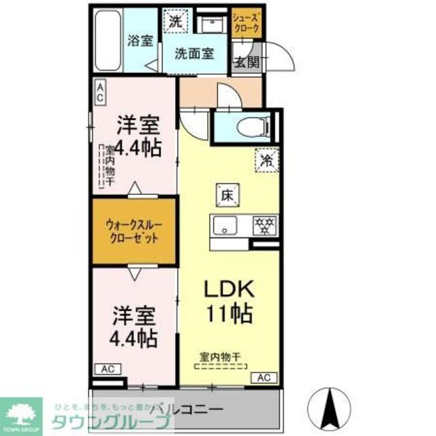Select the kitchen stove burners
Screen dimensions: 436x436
point(263,224)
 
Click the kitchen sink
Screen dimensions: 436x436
point(223,225)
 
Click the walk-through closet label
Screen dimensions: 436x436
point(134,231)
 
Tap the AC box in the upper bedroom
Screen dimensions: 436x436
point(99,91)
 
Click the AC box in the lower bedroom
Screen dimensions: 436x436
point(107,369)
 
